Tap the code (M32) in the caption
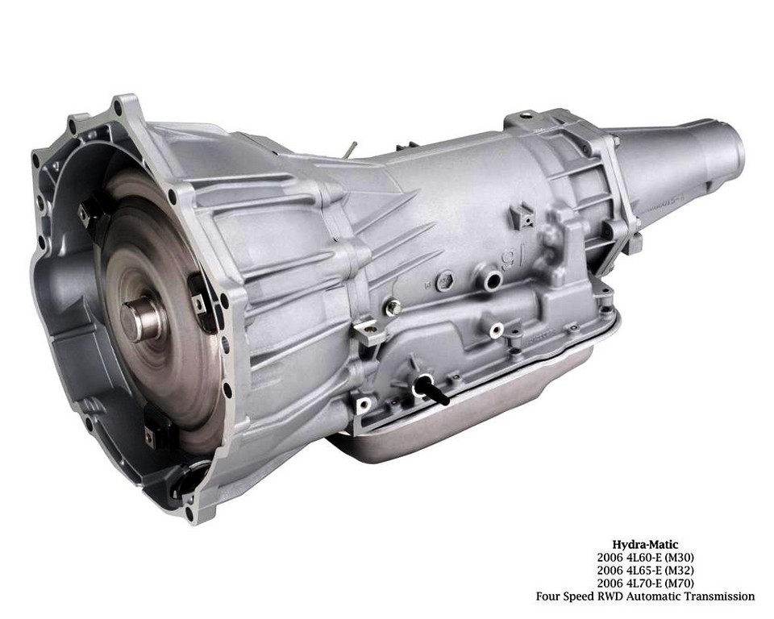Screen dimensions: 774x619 [x=679, y=571]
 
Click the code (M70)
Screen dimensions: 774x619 [x=679, y=584]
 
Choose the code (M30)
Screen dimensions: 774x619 [x=679, y=558]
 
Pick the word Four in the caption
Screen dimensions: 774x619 [x=548, y=596]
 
